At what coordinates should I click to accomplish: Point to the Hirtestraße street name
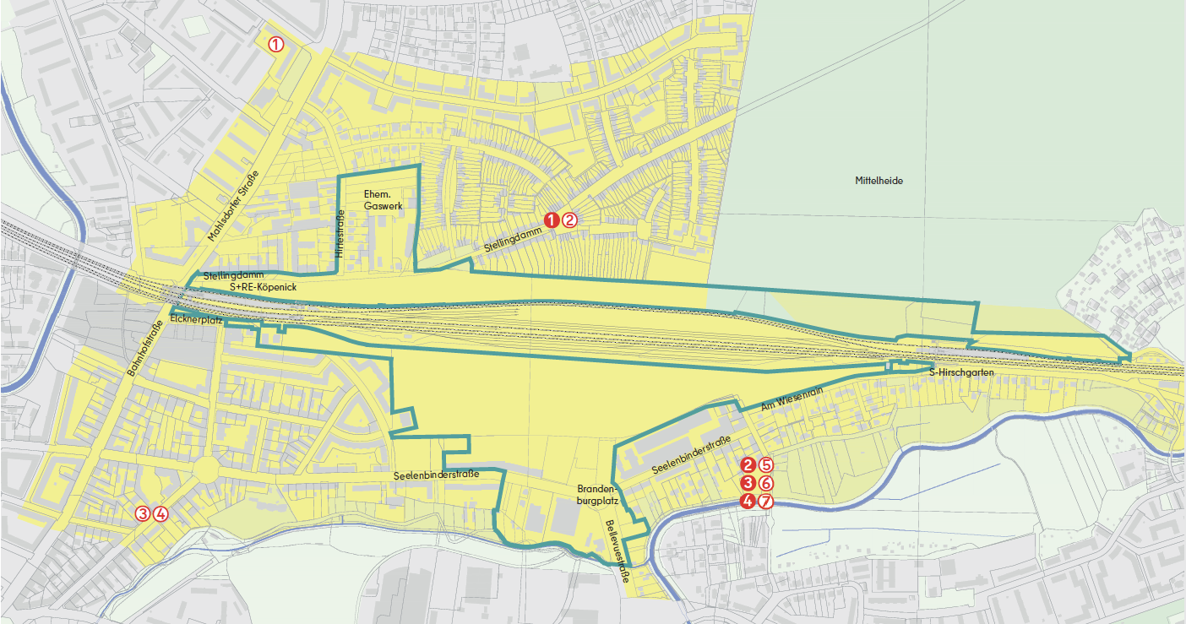pos(340,234)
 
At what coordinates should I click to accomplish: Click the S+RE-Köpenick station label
pos(262,288)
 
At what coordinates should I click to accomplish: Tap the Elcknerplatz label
pos(195,320)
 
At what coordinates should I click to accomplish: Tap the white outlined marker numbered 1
pos(276,44)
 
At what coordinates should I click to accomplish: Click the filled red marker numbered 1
pos(551,220)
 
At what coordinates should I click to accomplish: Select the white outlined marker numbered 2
pos(569,220)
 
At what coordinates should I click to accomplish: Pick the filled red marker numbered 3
pos(747,483)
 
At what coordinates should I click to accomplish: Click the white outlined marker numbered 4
pos(160,513)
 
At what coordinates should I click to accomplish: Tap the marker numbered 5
pos(765,464)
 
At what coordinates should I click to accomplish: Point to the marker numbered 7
pos(765,502)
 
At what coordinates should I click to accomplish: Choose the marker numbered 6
pos(765,483)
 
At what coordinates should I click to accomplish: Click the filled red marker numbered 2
pos(747,464)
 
